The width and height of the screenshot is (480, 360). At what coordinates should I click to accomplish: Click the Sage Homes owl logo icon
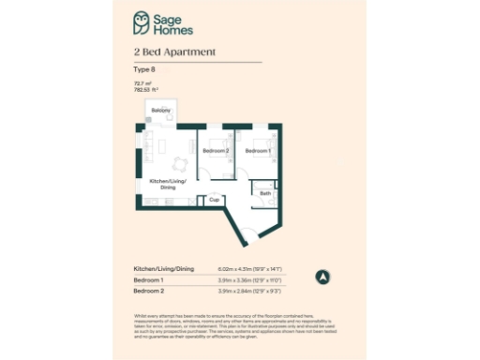[141, 21]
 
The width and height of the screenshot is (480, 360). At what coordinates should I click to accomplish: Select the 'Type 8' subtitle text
[143, 69]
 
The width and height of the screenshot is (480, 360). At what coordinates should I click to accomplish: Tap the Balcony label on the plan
[161, 111]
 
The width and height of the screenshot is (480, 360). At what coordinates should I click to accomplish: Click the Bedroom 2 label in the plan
[216, 151]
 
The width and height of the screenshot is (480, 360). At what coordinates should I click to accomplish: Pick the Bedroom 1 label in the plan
[258, 151]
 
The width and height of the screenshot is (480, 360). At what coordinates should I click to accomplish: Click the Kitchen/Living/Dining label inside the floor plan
[168, 183]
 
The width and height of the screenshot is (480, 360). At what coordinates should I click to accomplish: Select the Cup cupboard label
[214, 200]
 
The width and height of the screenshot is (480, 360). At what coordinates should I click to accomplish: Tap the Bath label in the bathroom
[265, 194]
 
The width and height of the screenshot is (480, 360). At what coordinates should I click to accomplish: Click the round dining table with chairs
[162, 145]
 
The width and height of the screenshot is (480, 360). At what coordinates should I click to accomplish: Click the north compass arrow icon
[323, 277]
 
